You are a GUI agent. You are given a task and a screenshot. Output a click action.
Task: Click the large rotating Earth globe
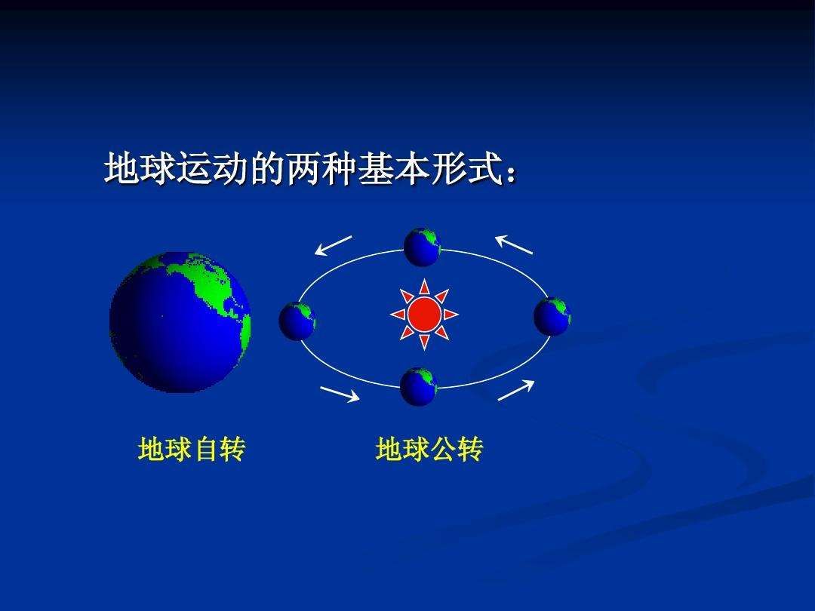pyautogui.click(x=180, y=322)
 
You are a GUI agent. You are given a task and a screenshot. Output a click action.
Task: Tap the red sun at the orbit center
pyautogui.click(x=424, y=315)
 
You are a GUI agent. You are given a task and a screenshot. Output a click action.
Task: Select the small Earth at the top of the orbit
pyautogui.click(x=422, y=247)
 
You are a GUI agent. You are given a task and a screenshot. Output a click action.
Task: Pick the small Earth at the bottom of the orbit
pyautogui.click(x=419, y=386)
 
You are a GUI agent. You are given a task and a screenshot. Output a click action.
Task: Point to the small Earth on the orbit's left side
pyautogui.click(x=297, y=321)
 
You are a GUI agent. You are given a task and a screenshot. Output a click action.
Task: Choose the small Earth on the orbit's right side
pyautogui.click(x=552, y=316)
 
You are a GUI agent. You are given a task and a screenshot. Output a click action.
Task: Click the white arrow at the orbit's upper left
pyautogui.click(x=334, y=245)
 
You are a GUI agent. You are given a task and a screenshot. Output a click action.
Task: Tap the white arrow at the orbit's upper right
pyautogui.click(x=514, y=244)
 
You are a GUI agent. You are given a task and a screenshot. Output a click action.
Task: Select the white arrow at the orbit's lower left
pyautogui.click(x=340, y=395)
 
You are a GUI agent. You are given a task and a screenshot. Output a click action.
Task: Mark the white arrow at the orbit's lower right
pyautogui.click(x=516, y=390)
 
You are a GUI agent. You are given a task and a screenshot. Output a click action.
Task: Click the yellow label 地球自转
pyautogui.click(x=192, y=450)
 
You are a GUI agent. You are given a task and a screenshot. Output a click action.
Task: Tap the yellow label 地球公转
pyautogui.click(x=429, y=450)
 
